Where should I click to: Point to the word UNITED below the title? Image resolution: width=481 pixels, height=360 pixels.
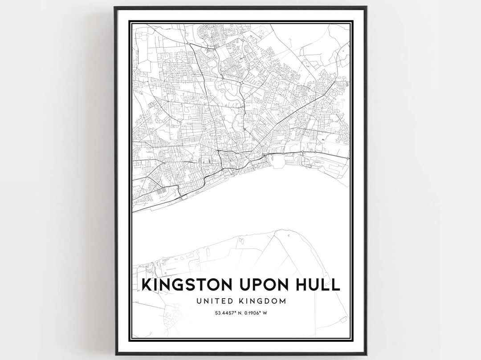pyautogui.click(x=212, y=301)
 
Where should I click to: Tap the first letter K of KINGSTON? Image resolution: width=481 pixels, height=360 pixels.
pyautogui.click(x=146, y=284)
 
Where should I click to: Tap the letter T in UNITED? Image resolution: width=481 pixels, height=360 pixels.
pyautogui.click(x=216, y=301)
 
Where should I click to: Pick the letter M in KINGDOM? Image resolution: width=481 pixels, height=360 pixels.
pyautogui.click(x=281, y=301)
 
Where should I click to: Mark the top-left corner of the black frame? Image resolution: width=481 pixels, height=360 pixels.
pyautogui.click(x=114, y=7)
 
